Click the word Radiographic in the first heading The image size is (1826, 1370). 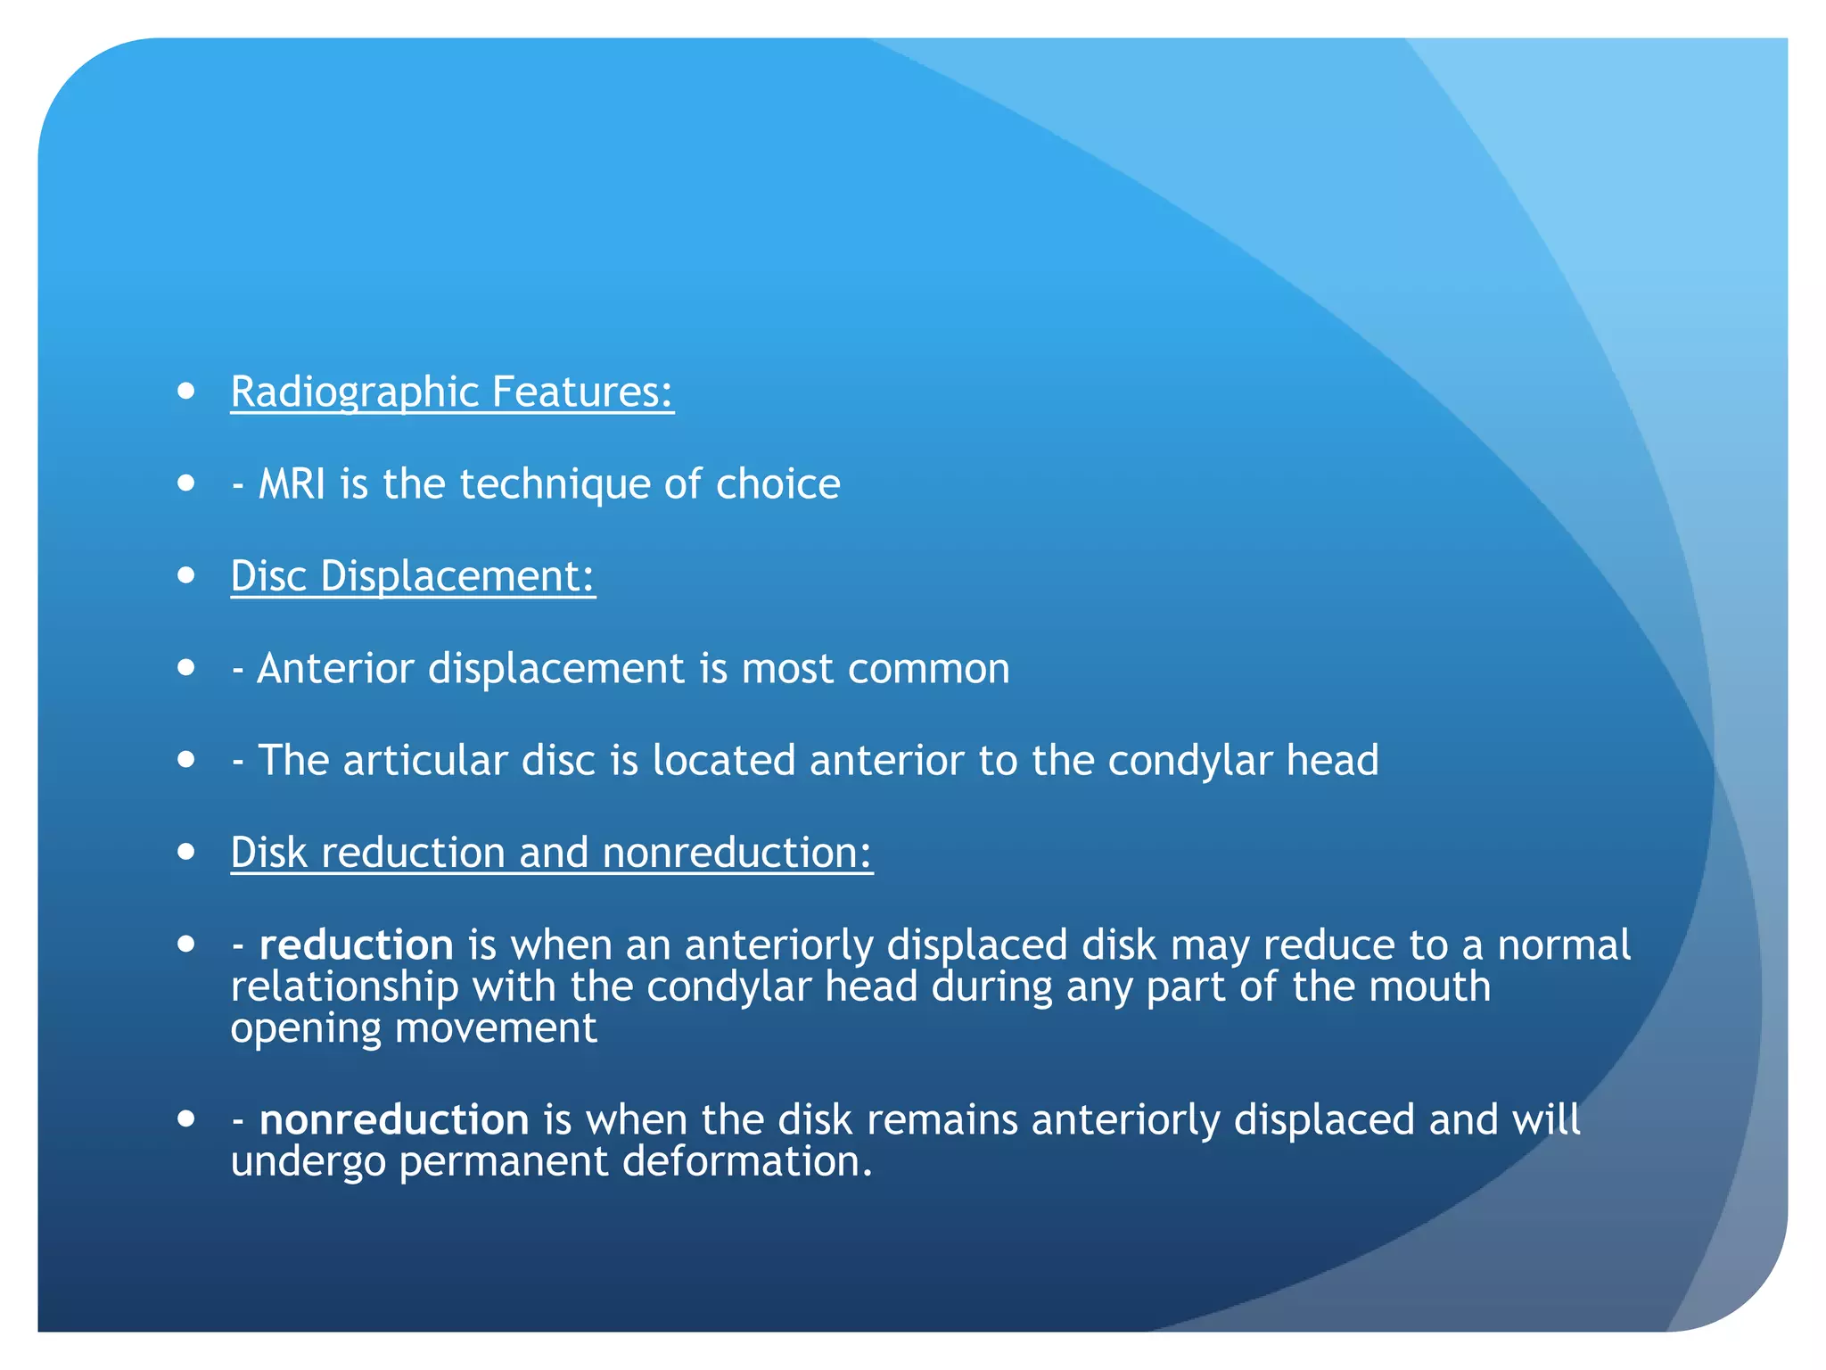tap(355, 392)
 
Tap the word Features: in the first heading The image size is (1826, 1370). tap(582, 392)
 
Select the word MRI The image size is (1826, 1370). tap(292, 484)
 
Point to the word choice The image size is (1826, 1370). tap(777, 484)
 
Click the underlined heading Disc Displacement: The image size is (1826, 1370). tap(413, 576)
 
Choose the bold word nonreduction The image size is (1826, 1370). tap(393, 1120)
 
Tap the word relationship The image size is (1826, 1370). tap(344, 987)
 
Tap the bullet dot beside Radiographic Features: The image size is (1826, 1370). tap(186, 391)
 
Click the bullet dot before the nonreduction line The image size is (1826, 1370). tap(186, 1118)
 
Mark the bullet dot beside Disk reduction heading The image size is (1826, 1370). tap(186, 852)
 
